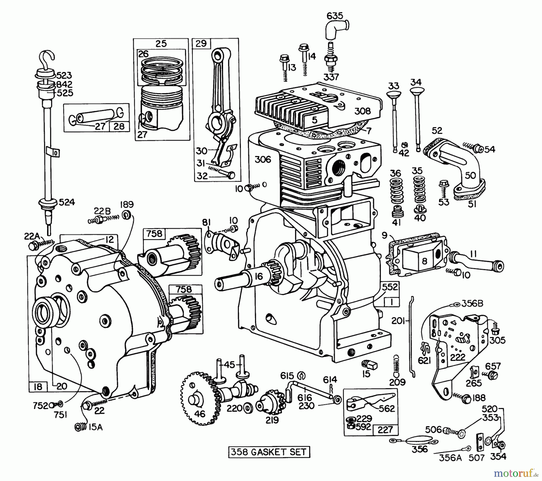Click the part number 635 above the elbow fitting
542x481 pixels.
pos(335,16)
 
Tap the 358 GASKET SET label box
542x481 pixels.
pos(269,452)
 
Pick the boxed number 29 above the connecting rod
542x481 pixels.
pos(201,43)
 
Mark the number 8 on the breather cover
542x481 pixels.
pos(424,261)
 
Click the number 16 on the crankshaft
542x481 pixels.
pos(259,276)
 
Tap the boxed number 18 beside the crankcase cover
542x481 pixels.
pos(38,386)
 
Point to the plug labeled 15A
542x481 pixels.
pos(79,427)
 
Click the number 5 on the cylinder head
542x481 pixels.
pos(314,120)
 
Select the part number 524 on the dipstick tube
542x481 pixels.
pos(67,202)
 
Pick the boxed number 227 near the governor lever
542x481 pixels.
pos(385,429)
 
